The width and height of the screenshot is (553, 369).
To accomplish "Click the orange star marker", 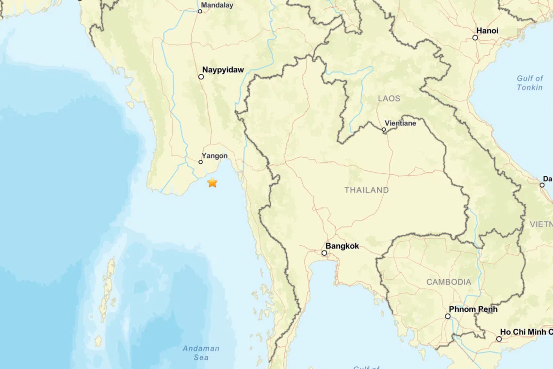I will coord(212,183).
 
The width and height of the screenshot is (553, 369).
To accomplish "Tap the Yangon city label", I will coord(215,156).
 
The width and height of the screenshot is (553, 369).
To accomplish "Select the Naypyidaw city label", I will coord(223,70).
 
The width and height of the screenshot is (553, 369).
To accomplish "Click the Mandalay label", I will coord(217,5).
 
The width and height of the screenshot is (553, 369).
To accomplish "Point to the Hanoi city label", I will coord(487,31).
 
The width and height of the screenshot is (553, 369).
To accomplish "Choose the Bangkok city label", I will coord(342,246).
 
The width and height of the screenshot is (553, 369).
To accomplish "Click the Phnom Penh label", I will coord(473,309).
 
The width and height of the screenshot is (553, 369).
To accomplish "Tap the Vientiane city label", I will coord(400,123).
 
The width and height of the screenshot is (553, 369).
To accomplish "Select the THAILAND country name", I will coord(367,190).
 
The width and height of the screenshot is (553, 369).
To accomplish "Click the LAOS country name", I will coord(389,99).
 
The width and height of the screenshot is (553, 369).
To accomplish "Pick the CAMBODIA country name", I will coord(449,282).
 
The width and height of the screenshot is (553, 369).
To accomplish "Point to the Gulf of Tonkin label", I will coord(530,83).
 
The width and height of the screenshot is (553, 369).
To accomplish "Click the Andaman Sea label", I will coord(201,352).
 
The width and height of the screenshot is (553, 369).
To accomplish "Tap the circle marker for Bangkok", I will coord(324,253).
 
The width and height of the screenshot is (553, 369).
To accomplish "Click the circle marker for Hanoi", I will coord(475,37).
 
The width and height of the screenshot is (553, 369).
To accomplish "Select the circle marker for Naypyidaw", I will coord(201,77).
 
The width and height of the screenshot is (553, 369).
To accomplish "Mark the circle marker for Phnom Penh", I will coord(448,316).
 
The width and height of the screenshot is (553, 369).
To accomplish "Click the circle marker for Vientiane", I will coord(384,130).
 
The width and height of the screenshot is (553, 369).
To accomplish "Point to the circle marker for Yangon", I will coord(201,162).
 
